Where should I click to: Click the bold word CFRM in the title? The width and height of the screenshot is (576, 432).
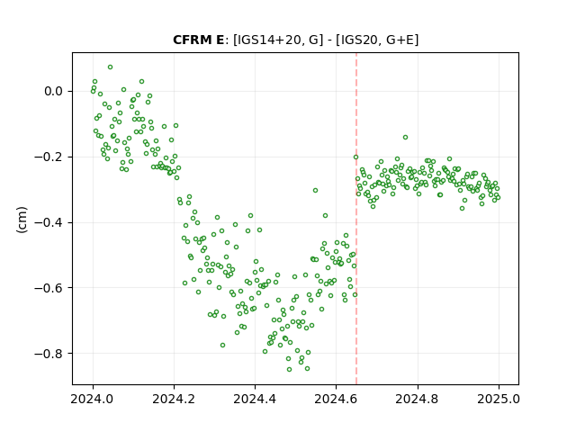pos(191,40)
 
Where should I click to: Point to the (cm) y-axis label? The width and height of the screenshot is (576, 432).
pos(22,220)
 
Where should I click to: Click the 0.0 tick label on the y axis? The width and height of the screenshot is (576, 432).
pos(54,91)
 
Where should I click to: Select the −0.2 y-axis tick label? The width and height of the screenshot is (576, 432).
pos(49,157)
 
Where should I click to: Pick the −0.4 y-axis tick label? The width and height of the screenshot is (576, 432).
pos(49,222)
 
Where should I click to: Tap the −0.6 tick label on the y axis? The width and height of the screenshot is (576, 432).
pos(49,288)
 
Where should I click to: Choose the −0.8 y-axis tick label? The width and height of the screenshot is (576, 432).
pos(49,354)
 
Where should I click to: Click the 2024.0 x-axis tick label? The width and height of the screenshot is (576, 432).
pos(93,399)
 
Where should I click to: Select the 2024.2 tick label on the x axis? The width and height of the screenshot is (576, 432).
pos(174,399)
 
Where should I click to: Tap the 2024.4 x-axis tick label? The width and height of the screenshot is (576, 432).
pos(255,399)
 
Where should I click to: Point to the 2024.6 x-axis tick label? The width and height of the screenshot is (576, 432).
pos(336,399)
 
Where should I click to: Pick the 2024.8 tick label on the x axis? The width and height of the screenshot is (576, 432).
pos(418,399)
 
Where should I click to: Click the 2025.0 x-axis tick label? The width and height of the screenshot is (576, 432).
pos(499,399)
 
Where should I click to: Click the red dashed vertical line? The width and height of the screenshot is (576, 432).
pos(356,219)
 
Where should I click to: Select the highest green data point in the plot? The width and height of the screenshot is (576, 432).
pos(110,67)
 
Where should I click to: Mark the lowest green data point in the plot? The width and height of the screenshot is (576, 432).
pos(290,370)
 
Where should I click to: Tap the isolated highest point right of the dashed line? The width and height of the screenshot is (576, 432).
pos(406,138)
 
